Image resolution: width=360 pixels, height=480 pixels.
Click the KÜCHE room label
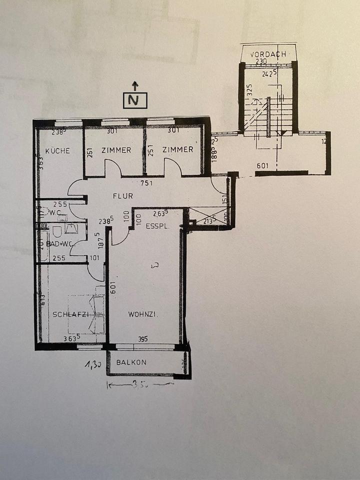tap(57, 150)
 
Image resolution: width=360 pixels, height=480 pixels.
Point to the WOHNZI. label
tap(143, 314)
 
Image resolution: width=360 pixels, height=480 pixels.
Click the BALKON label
tap(131, 362)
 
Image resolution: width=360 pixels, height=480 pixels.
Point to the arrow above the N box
tap(134, 85)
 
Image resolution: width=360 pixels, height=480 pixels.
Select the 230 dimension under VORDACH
tap(261, 62)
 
